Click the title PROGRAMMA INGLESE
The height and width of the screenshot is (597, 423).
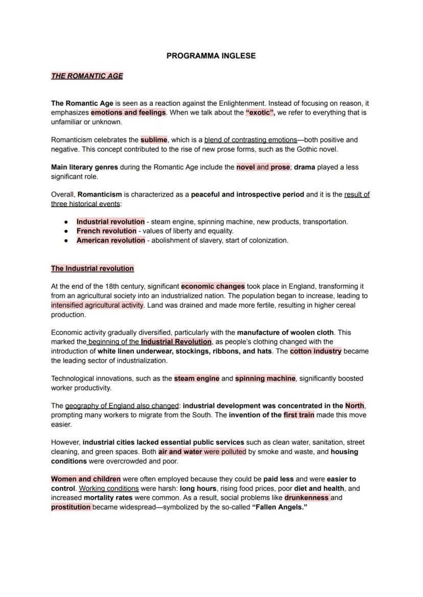(x=211, y=56)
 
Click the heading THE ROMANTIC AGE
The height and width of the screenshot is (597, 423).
(x=87, y=76)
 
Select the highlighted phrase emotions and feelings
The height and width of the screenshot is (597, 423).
(x=128, y=112)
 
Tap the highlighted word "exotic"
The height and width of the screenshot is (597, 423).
(x=260, y=112)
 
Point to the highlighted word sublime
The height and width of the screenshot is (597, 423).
(x=154, y=139)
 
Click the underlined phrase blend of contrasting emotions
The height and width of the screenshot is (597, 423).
(x=250, y=139)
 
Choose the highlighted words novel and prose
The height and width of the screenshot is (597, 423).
(x=263, y=167)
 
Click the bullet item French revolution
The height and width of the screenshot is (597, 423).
(x=106, y=231)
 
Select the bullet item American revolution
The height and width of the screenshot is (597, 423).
(x=110, y=240)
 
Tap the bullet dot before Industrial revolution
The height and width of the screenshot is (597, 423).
(x=66, y=222)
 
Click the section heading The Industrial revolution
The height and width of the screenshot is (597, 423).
(x=92, y=268)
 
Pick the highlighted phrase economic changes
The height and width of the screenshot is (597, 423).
(x=213, y=286)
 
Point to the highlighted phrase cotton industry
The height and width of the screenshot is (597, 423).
(x=315, y=351)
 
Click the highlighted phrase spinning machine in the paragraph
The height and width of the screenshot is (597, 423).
(x=265, y=378)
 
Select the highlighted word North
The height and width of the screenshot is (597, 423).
(x=355, y=405)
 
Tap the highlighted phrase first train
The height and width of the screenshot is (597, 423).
(x=299, y=415)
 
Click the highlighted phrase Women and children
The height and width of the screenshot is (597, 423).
(x=86, y=479)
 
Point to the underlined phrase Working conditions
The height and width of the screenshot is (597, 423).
(x=108, y=488)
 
